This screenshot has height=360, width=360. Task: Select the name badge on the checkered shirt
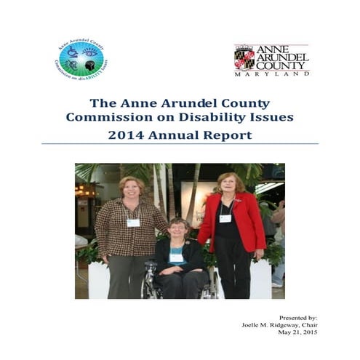pyautogui.click(x=133, y=223)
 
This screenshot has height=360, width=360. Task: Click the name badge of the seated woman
pyautogui.click(x=177, y=257)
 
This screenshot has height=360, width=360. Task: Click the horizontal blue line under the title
pyautogui.click(x=180, y=144)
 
